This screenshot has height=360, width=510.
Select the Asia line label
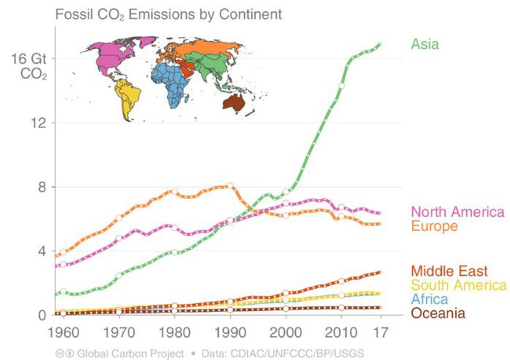pyautogui.click(x=425, y=44)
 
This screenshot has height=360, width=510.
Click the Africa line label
pyautogui.click(x=429, y=299)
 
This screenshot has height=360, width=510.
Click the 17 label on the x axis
pyautogui.click(x=381, y=333)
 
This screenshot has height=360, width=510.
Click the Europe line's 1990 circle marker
pyautogui.click(x=230, y=185)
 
